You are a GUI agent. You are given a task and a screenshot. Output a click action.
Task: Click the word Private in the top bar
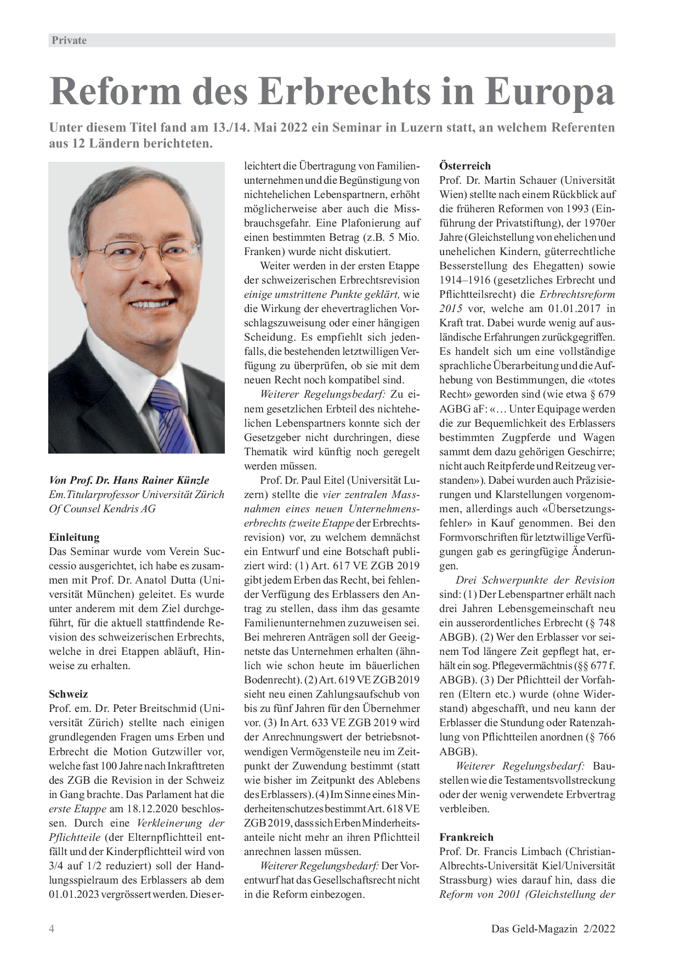69,40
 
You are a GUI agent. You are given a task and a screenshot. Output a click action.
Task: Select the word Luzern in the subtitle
437,128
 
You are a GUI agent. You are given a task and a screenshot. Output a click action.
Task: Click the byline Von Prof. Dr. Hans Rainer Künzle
129,480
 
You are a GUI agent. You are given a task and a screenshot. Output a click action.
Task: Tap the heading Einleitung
74,537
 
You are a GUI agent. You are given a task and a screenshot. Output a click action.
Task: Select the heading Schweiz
69,694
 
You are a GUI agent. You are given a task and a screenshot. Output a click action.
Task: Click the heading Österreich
465,166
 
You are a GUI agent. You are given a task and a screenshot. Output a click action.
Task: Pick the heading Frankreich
466,837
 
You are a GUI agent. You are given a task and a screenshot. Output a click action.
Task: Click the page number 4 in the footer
52,929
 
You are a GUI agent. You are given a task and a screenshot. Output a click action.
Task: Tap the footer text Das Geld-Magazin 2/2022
553,929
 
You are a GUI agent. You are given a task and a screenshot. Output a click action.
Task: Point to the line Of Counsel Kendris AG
103,508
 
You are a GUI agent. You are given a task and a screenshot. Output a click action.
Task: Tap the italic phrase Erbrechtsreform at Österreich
577,294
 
